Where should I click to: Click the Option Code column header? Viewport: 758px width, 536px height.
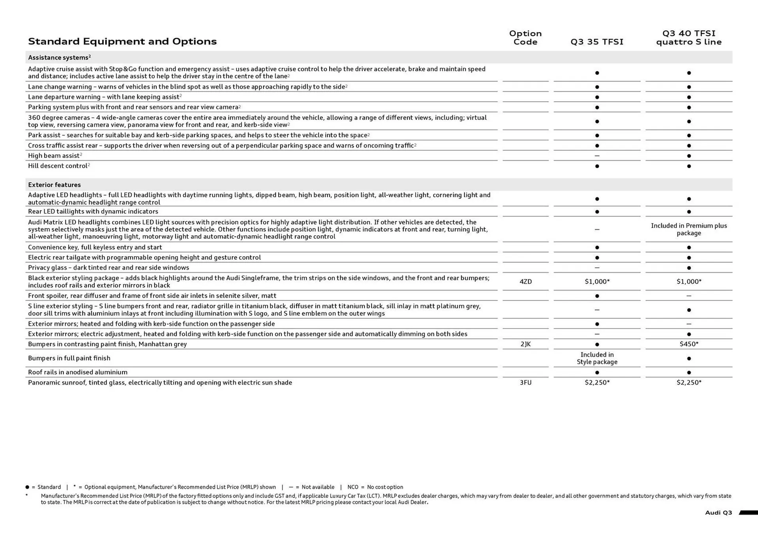click(x=525, y=37)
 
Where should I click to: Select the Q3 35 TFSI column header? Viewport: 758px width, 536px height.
click(x=597, y=42)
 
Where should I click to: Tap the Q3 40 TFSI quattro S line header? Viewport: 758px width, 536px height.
click(x=689, y=37)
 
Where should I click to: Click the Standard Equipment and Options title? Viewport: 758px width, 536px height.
click(x=122, y=41)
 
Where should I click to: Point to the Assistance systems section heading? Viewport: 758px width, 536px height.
click(x=59, y=58)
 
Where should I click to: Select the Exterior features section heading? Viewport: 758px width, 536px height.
click(x=54, y=185)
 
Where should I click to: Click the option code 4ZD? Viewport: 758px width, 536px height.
click(x=525, y=281)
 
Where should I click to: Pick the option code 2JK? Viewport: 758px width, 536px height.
click(x=525, y=344)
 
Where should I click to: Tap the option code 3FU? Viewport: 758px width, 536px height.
click(x=525, y=382)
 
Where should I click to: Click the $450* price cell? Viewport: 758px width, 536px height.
click(x=689, y=344)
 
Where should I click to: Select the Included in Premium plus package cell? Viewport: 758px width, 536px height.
click(x=689, y=229)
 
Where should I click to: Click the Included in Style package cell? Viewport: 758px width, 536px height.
click(x=597, y=358)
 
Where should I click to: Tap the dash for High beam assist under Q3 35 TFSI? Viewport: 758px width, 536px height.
click(x=597, y=156)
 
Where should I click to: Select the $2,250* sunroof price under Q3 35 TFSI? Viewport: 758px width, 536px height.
click(x=597, y=382)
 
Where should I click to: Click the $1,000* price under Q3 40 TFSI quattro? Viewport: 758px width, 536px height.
click(x=689, y=281)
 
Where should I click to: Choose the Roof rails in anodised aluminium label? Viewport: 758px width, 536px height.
click(x=78, y=372)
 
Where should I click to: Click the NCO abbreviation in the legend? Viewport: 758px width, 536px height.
click(x=353, y=487)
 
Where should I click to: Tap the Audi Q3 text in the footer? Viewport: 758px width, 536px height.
click(x=718, y=513)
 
